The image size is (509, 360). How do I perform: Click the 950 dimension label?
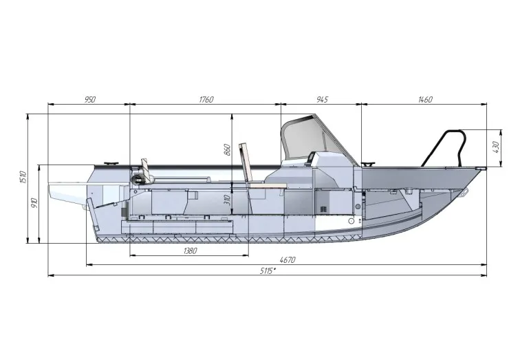(x=89, y=100)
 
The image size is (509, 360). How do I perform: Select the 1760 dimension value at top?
(x=206, y=100)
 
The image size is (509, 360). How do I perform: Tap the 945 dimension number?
(x=322, y=100)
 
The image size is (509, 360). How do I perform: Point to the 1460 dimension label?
(x=425, y=100)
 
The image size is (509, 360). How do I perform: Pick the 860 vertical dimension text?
(x=228, y=149)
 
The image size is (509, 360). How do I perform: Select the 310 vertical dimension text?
(x=228, y=201)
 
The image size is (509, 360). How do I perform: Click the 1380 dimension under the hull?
(x=191, y=251)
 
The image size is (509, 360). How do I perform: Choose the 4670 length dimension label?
(x=288, y=260)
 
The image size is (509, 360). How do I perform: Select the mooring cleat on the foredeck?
(x=369, y=165)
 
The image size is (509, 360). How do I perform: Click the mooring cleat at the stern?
(x=110, y=164)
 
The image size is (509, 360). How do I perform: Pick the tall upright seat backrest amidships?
(x=245, y=165)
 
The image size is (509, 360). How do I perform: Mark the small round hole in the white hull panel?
(x=351, y=222)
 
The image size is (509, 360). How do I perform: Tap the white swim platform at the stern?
(x=65, y=189)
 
